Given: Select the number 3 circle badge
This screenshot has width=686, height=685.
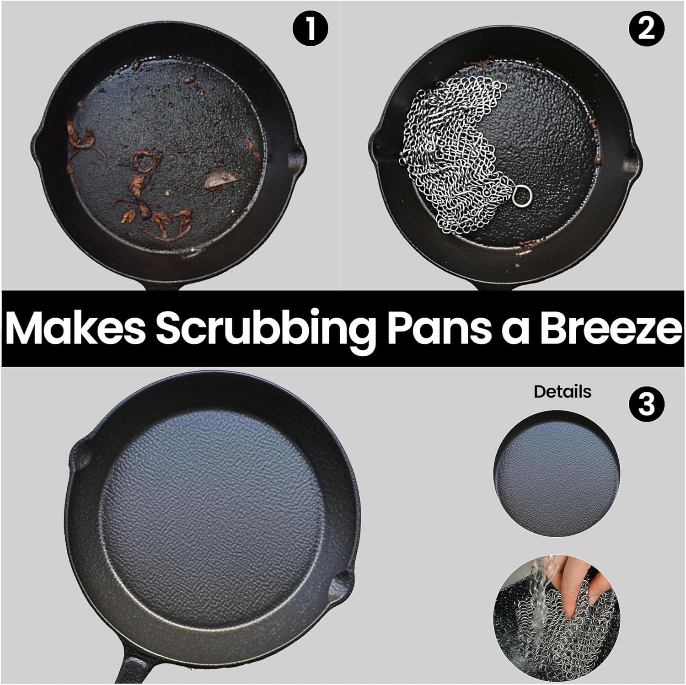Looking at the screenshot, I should pyautogui.click(x=646, y=404).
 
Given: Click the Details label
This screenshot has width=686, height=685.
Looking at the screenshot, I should pyautogui.click(x=562, y=391).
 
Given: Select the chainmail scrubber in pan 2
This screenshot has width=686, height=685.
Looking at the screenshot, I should pyautogui.click(x=457, y=155).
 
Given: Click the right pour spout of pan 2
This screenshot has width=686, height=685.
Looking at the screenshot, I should pyautogui.click(x=636, y=155).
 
